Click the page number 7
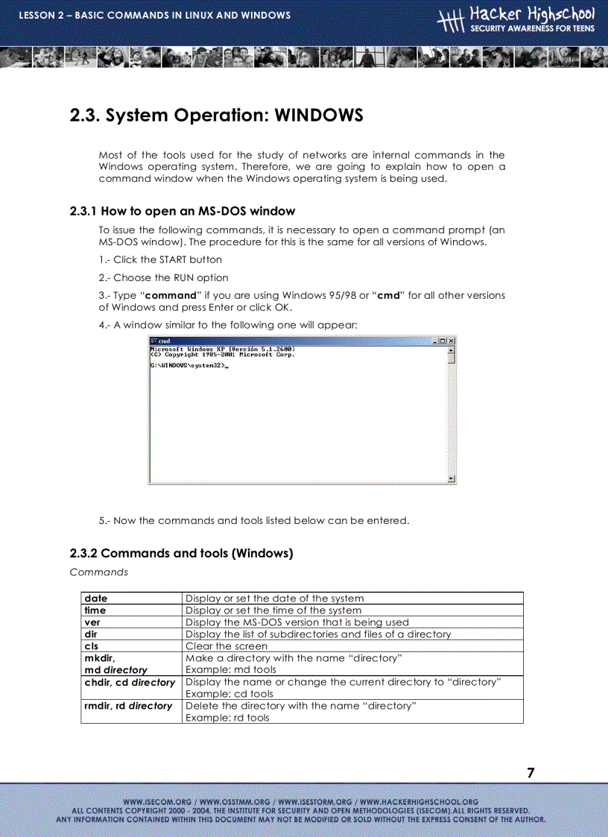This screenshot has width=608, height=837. pos(531,773)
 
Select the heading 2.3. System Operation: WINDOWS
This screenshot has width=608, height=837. pos(216,116)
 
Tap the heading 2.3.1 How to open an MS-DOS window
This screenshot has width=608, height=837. pos(182,211)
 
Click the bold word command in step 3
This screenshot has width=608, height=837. pos(170,295)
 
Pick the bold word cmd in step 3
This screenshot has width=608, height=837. pos(389,295)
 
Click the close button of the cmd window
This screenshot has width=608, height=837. pos(451,341)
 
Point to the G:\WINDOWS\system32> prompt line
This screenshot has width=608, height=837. pos(189,367)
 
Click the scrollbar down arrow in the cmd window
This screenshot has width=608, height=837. pos(451,478)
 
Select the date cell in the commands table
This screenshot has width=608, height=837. pos(96,598)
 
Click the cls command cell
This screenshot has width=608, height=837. pos(91,646)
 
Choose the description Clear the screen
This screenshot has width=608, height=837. pos(226,646)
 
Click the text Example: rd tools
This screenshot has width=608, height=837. pos(227,718)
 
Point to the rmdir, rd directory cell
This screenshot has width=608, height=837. pos(128,706)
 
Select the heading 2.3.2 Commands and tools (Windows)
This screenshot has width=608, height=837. pos(181,553)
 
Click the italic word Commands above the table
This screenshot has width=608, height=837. pos(98,572)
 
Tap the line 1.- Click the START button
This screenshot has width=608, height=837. pos(160,259)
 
